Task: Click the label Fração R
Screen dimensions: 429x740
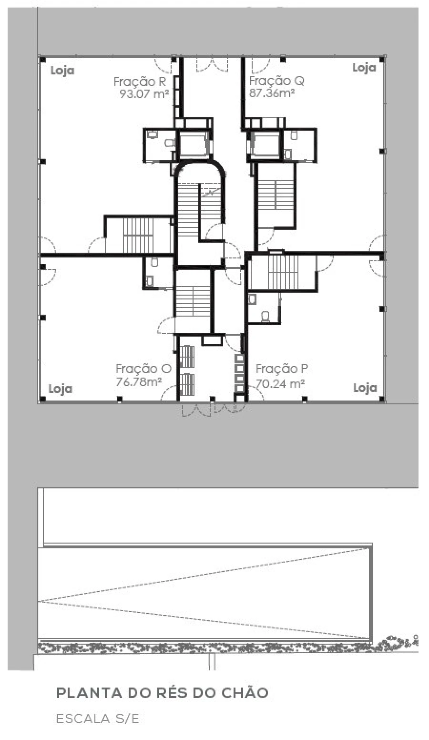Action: pos(139,82)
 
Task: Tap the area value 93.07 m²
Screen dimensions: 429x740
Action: pos(144,94)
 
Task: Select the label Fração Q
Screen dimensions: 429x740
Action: pos(276,81)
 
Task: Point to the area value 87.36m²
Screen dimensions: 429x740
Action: pos(272,93)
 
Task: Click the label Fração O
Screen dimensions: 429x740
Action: pos(143,369)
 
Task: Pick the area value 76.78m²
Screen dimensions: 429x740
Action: pos(139,382)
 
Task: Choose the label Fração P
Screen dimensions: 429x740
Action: pos(282,369)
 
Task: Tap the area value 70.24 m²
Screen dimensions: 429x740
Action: pos(280,383)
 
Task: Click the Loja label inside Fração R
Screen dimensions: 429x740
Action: pos(62,71)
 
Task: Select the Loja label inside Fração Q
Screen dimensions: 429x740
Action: pos(364,68)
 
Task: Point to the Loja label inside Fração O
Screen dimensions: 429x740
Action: pos(61,389)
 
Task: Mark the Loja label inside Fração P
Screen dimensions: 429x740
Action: pos(365,388)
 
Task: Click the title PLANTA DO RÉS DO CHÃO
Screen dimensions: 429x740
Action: pos(162,693)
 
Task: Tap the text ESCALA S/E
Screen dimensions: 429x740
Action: pos(98,719)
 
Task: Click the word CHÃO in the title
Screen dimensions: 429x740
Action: pos(245,693)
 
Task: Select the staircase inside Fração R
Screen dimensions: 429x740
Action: pos(138,235)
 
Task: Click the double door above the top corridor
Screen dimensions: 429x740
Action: pos(212,65)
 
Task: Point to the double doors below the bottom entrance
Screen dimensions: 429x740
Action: pos(214,409)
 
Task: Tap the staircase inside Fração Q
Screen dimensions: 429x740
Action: pos(275,195)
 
